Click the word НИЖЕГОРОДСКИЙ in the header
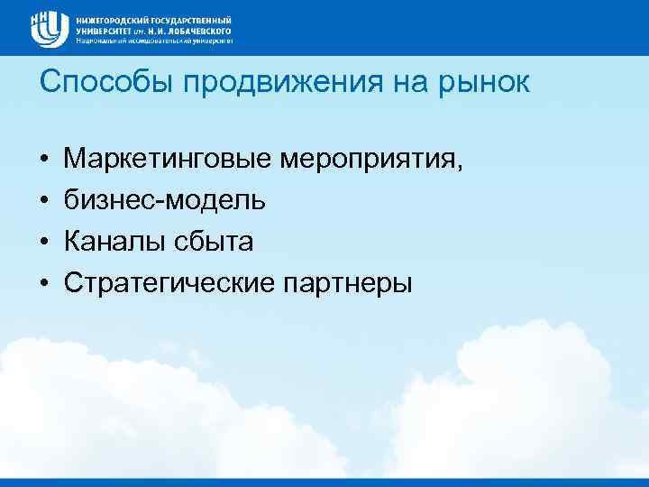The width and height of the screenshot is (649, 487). (x=111, y=19)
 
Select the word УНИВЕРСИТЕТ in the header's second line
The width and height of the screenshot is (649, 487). (x=102, y=30)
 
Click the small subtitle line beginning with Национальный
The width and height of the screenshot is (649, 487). (x=154, y=41)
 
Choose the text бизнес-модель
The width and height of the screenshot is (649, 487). (x=164, y=200)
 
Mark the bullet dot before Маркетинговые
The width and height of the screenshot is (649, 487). (x=43, y=161)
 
